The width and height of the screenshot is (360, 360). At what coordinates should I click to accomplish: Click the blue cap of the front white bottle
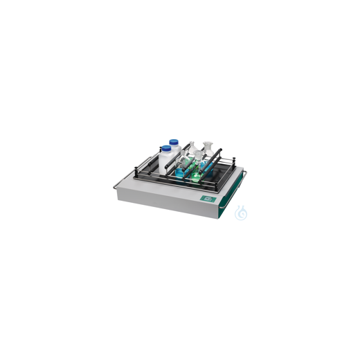166,148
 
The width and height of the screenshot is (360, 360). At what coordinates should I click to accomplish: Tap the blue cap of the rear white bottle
174,142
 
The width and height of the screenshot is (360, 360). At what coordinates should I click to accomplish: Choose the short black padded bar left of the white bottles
151,163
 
